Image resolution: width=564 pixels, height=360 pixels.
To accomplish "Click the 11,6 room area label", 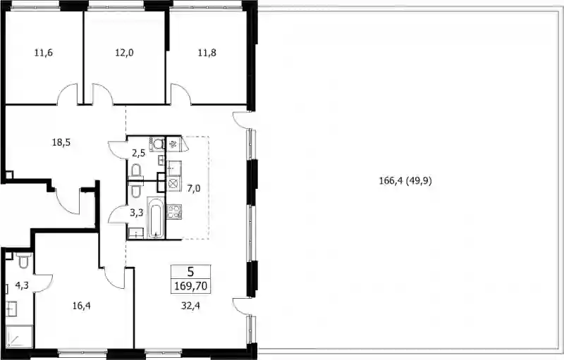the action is coord(44,53).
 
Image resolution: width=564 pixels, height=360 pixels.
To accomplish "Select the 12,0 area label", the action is coord(125,53).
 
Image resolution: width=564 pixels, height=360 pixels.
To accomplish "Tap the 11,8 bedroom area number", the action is coord(207,53).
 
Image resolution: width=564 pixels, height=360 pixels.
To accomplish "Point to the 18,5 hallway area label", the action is coord(61,142).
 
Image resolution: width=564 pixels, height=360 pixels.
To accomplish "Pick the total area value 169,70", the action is coord(190,286).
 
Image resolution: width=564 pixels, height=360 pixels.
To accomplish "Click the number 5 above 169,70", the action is coord(190,271).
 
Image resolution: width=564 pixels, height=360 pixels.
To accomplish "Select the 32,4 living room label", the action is coord(190,306).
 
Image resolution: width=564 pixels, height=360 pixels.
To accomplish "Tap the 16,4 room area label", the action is coord(81,306).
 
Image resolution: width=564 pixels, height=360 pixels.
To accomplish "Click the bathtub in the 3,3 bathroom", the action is coord(156,218).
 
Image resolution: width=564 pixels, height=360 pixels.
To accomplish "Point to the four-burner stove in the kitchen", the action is coord(174,211).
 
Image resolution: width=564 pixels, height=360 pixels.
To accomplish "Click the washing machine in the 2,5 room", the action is coord(157,144).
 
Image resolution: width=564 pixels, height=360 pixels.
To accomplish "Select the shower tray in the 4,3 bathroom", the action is coord(20,337).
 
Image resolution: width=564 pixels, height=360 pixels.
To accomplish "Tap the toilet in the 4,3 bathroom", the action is coord(24,261).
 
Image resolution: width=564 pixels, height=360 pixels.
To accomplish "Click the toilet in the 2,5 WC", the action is coord(136,170).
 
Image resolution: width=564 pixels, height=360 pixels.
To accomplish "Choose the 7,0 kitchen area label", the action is coord(193,188).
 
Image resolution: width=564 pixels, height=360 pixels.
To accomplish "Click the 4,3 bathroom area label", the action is coord(22,285).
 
